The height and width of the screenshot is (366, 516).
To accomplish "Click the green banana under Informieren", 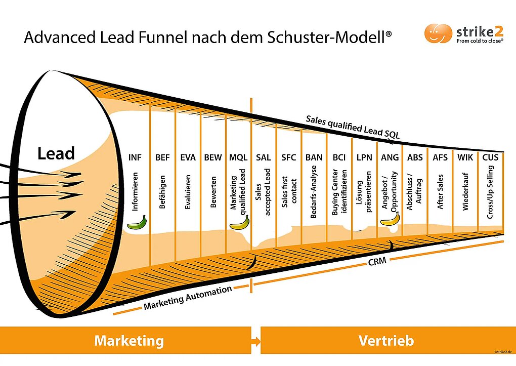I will (x=137, y=222).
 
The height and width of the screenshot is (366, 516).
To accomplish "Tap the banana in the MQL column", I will (x=240, y=223).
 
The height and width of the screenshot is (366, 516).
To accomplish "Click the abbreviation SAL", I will (x=264, y=157).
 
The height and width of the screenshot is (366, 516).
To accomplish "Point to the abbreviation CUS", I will (x=490, y=157).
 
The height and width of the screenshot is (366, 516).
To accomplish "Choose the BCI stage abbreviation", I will (x=339, y=157).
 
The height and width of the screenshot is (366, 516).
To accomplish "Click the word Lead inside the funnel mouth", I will (x=56, y=153).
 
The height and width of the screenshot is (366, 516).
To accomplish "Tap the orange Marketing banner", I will (x=128, y=341).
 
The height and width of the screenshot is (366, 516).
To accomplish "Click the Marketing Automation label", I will (x=188, y=298).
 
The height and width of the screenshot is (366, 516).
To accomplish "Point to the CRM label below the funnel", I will (x=377, y=262).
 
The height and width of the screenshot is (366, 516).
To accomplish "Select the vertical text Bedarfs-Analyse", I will (x=314, y=192).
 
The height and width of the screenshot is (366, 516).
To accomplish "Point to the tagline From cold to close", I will (x=479, y=42).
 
